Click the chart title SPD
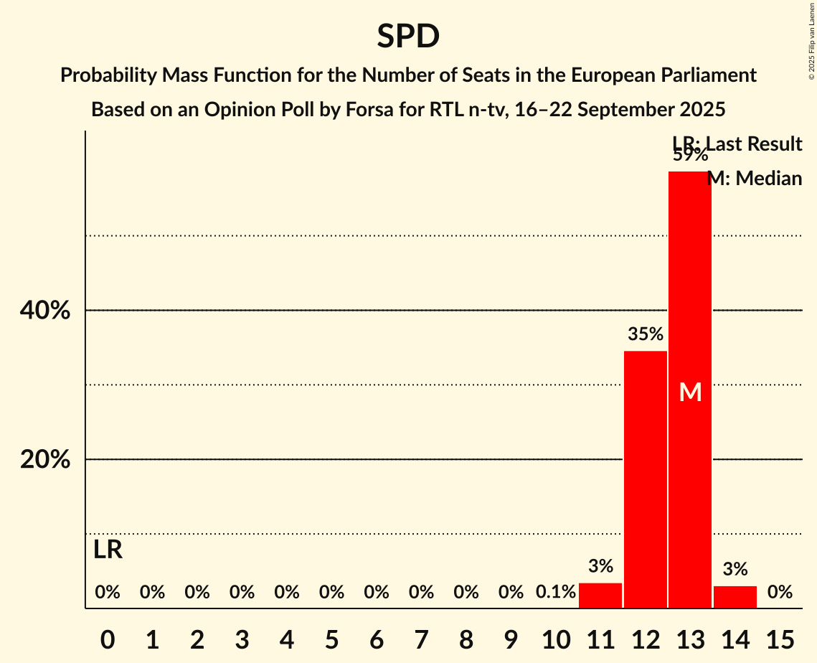click(408, 36)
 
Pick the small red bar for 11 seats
click(600, 596)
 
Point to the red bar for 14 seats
click(735, 597)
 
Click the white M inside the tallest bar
click(690, 392)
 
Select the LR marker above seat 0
click(108, 550)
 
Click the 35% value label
click(645, 334)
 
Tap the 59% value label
click(690, 155)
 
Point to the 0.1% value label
click(556, 592)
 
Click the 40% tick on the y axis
click(45, 311)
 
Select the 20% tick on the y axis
click(45, 459)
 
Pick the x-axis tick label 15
click(780, 638)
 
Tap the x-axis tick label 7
click(421, 638)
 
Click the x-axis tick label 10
click(556, 638)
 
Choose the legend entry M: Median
click(755, 178)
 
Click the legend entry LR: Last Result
click(737, 144)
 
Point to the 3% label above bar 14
click(735, 570)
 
